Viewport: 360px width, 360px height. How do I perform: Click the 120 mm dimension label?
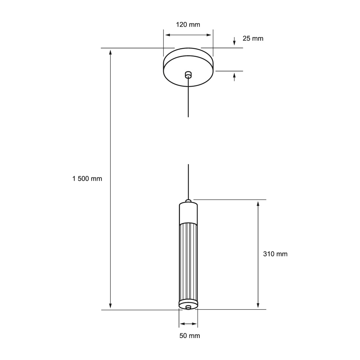tap(188, 24)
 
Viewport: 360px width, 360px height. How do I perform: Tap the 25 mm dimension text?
tap(253, 39)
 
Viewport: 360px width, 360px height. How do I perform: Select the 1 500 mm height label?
tap(87, 179)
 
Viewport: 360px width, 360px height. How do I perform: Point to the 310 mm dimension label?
tap(275, 254)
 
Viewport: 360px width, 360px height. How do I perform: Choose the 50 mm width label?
tap(190, 336)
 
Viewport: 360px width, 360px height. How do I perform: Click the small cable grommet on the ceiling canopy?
tap(188, 75)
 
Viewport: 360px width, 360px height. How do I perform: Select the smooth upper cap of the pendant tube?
tap(188, 213)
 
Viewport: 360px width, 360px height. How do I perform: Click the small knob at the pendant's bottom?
tap(188, 307)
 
